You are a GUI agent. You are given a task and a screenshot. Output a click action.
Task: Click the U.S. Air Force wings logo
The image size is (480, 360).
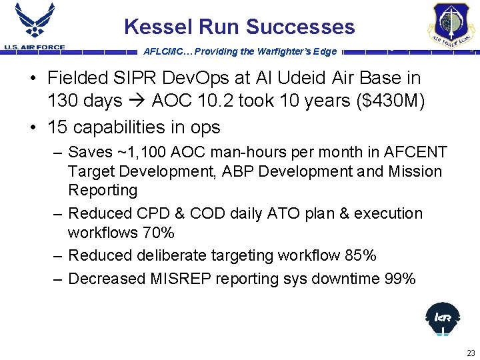[34, 22]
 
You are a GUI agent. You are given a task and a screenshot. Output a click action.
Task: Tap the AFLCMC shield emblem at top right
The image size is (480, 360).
[451, 23]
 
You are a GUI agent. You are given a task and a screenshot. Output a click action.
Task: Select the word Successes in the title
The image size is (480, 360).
[301, 27]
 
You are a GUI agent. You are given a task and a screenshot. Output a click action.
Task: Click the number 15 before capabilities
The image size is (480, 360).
[57, 127]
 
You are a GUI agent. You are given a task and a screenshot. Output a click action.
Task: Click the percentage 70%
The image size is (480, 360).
[158, 233]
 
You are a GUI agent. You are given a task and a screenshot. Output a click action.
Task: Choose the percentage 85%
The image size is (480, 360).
[361, 255]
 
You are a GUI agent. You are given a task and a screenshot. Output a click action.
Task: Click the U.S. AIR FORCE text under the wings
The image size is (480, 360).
[34, 47]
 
